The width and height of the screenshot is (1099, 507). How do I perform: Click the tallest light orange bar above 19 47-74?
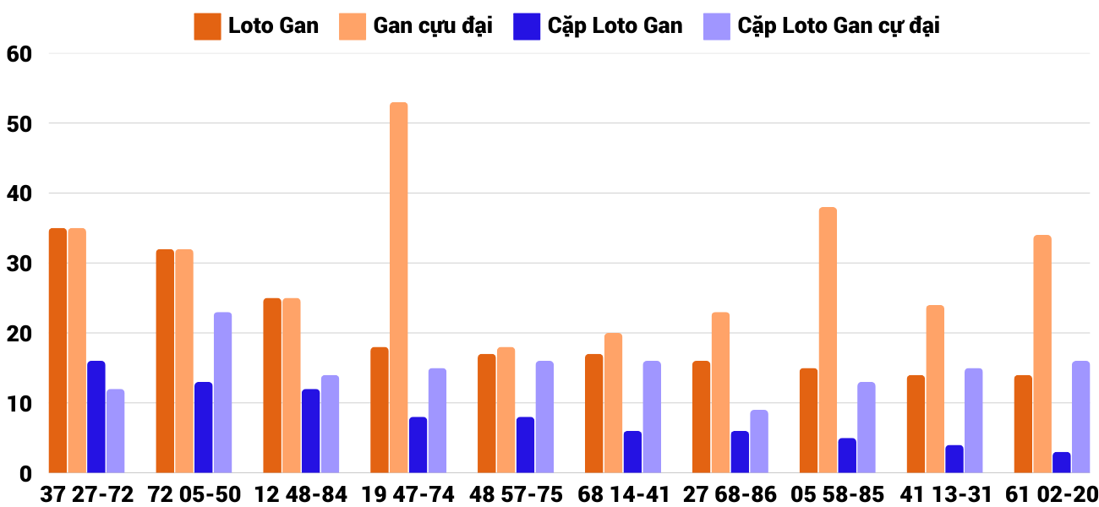pos(398,287)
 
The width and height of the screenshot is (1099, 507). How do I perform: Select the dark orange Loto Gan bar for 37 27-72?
pos(57,351)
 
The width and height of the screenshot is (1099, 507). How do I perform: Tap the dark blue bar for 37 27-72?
pos(96,417)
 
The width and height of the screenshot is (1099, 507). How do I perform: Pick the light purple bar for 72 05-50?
pos(222,393)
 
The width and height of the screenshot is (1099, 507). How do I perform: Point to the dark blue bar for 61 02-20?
pos(1062,463)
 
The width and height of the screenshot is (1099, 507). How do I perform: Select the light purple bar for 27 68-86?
pos(759,442)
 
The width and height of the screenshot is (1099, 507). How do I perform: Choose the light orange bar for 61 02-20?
pos(1042,354)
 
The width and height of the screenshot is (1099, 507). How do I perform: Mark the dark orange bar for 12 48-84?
pos(272,385)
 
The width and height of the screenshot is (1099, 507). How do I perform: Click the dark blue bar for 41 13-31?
pos(954,459)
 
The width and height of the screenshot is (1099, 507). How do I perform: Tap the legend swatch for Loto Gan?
pos(207,26)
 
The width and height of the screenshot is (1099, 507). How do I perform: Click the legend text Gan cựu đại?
pos(433,26)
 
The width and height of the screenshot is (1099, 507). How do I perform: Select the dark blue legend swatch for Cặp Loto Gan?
pos(526,26)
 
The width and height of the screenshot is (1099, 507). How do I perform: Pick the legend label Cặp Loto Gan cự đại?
pos(839,26)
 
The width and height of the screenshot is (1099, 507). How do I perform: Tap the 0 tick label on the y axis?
pos(25,474)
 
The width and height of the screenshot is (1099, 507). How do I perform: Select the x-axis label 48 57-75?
pos(516,494)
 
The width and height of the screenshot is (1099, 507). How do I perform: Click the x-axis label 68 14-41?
pos(623,494)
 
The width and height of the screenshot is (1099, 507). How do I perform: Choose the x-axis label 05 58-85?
pos(838,494)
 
